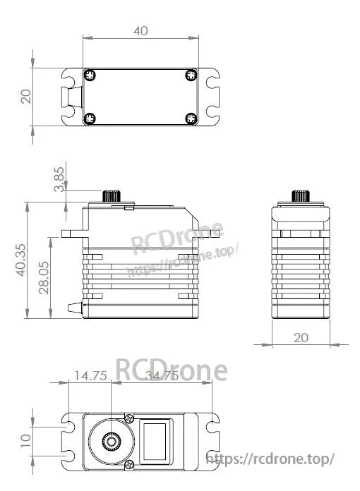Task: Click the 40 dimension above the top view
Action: click(x=140, y=30)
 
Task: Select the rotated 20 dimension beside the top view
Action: click(x=26, y=97)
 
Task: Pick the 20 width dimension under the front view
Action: click(x=301, y=338)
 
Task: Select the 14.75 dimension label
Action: click(x=90, y=377)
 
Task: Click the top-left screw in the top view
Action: click(x=89, y=75)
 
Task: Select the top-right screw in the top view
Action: click(x=191, y=75)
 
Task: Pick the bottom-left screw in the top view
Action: click(x=89, y=119)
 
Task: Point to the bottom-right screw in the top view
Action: click(x=191, y=119)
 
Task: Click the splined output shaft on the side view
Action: click(x=112, y=195)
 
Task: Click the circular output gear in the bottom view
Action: click(x=112, y=442)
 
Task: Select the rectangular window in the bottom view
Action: click(x=156, y=442)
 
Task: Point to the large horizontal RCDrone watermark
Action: click(x=171, y=369)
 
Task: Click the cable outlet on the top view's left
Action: click(x=72, y=97)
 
